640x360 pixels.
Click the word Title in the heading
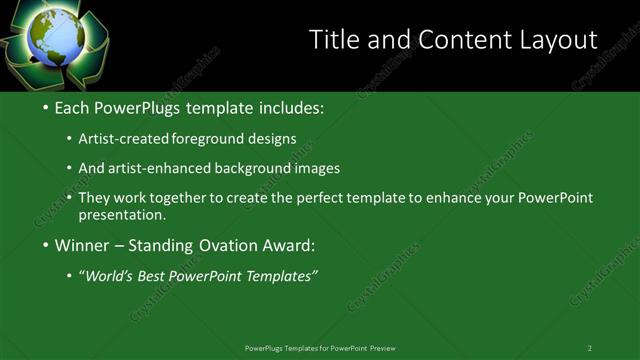tap(334, 39)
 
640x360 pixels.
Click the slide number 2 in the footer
tap(590, 348)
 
